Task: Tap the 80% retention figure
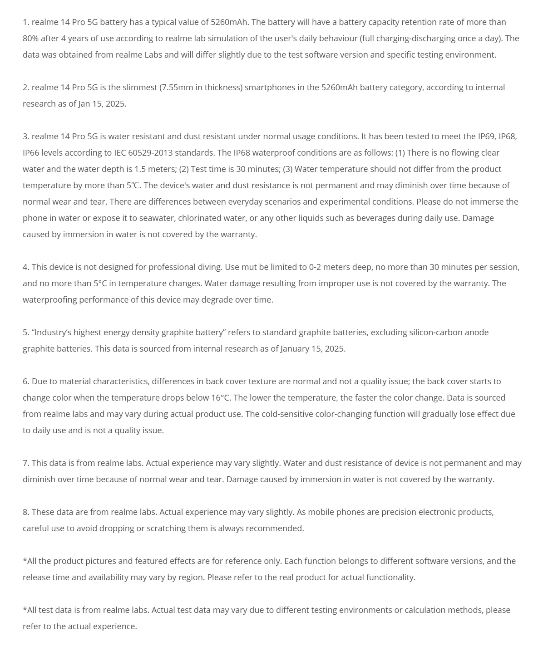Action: [30, 38]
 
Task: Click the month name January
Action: [297, 348]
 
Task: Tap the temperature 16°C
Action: [221, 397]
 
